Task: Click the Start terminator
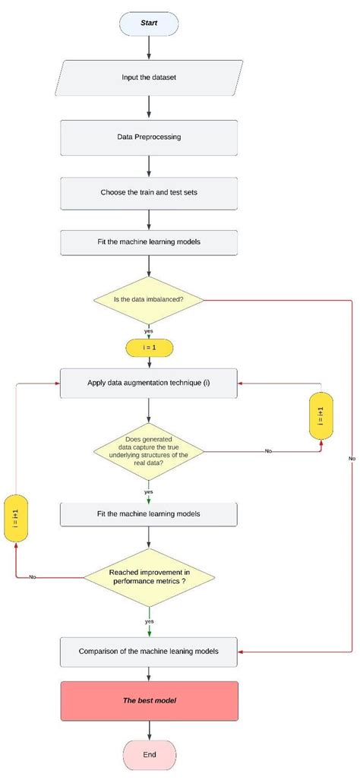[x=149, y=23]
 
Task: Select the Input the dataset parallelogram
[x=149, y=78]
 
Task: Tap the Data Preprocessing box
[x=149, y=137]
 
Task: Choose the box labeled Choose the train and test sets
[x=149, y=193]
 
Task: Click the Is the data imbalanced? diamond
[x=149, y=299]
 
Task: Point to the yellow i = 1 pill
[x=149, y=348]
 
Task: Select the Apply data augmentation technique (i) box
[x=149, y=384]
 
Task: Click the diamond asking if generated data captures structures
[x=149, y=451]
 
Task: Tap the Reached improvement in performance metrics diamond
[x=149, y=576]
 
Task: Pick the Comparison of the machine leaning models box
[x=149, y=651]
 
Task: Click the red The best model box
[x=149, y=699]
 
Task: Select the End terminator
[x=149, y=755]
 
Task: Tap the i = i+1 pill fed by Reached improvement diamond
[x=15, y=518]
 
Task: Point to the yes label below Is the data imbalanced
[x=149, y=330]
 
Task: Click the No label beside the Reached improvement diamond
[x=32, y=577]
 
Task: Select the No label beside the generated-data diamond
[x=268, y=451]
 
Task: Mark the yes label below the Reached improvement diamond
[x=149, y=621]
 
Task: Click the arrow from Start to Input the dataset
[x=149, y=47]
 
